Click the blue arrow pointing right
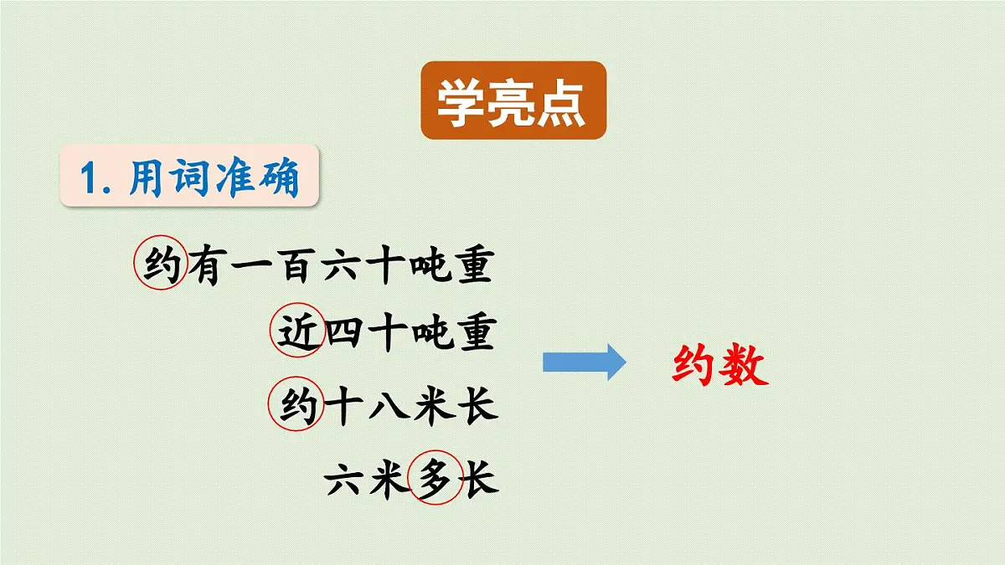tap(584, 362)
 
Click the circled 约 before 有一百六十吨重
tap(161, 265)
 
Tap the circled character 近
tap(297, 333)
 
